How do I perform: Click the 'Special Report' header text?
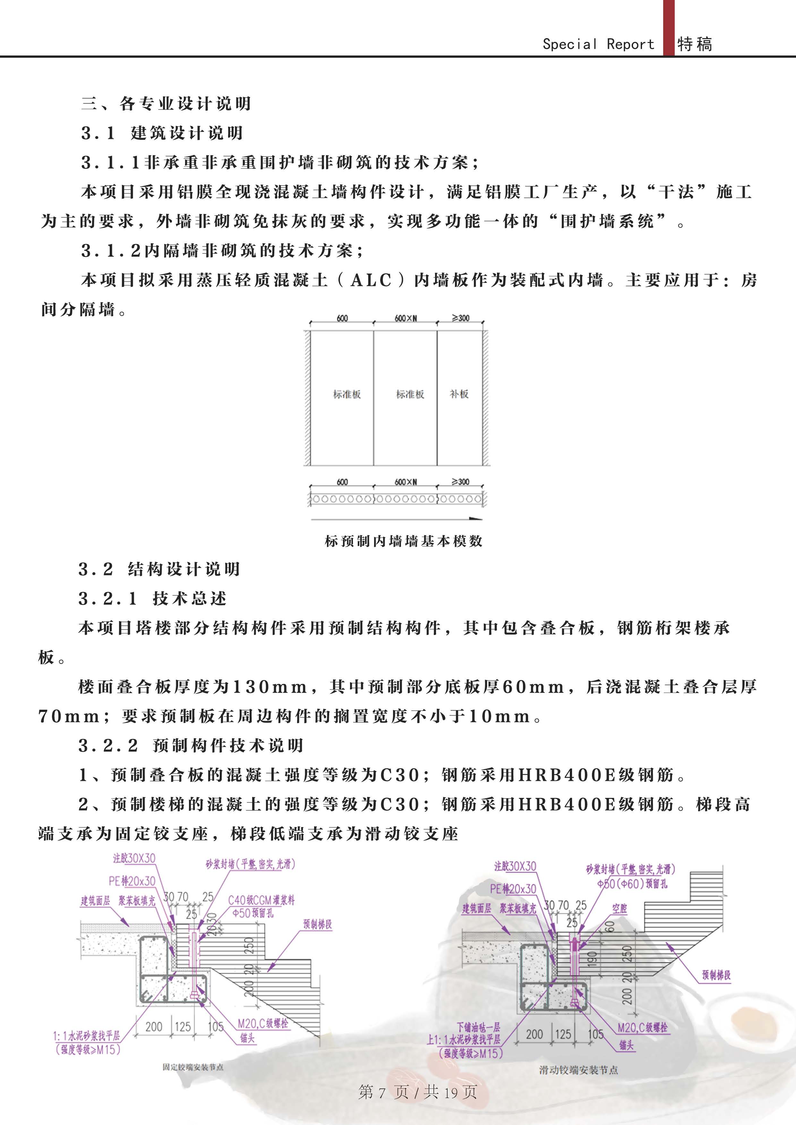tap(598, 44)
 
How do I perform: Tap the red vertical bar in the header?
tap(669, 28)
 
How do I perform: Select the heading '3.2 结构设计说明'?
tap(159, 569)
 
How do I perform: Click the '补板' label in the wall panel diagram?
tap(459, 394)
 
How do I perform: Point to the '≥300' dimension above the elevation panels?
tap(460, 318)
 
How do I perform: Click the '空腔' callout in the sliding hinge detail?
tap(620, 909)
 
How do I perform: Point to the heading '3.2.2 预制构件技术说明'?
tap(191, 745)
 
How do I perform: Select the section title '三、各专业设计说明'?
tap(166, 103)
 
